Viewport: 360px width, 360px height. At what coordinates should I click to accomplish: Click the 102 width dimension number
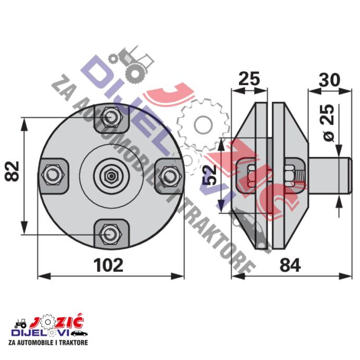(x=109, y=266)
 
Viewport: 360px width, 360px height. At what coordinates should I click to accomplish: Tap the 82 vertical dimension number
(x=11, y=172)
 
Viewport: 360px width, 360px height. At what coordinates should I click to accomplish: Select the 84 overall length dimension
(x=290, y=266)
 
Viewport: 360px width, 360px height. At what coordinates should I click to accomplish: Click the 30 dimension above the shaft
(x=329, y=80)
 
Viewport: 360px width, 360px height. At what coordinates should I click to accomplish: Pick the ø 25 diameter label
(x=329, y=123)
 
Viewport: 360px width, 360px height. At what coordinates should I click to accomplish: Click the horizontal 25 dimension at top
(x=249, y=79)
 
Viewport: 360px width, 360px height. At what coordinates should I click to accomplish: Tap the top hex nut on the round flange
(x=111, y=117)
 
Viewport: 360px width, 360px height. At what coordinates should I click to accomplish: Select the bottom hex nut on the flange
(x=111, y=234)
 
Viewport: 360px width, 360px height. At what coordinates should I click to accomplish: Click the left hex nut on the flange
(x=52, y=175)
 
